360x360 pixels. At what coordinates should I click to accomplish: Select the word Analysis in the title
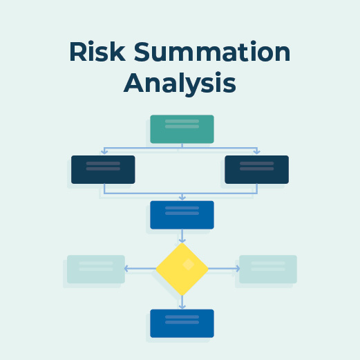180,84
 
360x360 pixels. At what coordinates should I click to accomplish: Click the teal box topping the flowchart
182,129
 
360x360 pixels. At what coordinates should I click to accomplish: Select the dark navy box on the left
103,169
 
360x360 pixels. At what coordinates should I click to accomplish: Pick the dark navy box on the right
256,169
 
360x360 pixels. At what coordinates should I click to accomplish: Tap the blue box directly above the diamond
182,214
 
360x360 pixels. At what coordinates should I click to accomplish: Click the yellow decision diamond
182,269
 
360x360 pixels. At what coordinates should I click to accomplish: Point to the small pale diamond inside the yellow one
187,263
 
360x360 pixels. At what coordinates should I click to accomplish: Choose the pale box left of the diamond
96,269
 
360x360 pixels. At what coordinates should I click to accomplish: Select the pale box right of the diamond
268,269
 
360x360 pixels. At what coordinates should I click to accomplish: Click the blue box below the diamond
182,323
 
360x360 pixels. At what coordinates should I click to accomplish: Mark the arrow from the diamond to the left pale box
140,269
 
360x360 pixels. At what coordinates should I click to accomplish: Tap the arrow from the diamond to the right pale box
224,269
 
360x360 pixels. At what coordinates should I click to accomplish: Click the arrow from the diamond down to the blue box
182,302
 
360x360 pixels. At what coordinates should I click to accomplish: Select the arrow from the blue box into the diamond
182,236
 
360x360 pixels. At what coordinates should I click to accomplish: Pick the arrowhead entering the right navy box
257,152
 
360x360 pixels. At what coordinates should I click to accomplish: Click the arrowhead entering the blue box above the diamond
182,198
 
